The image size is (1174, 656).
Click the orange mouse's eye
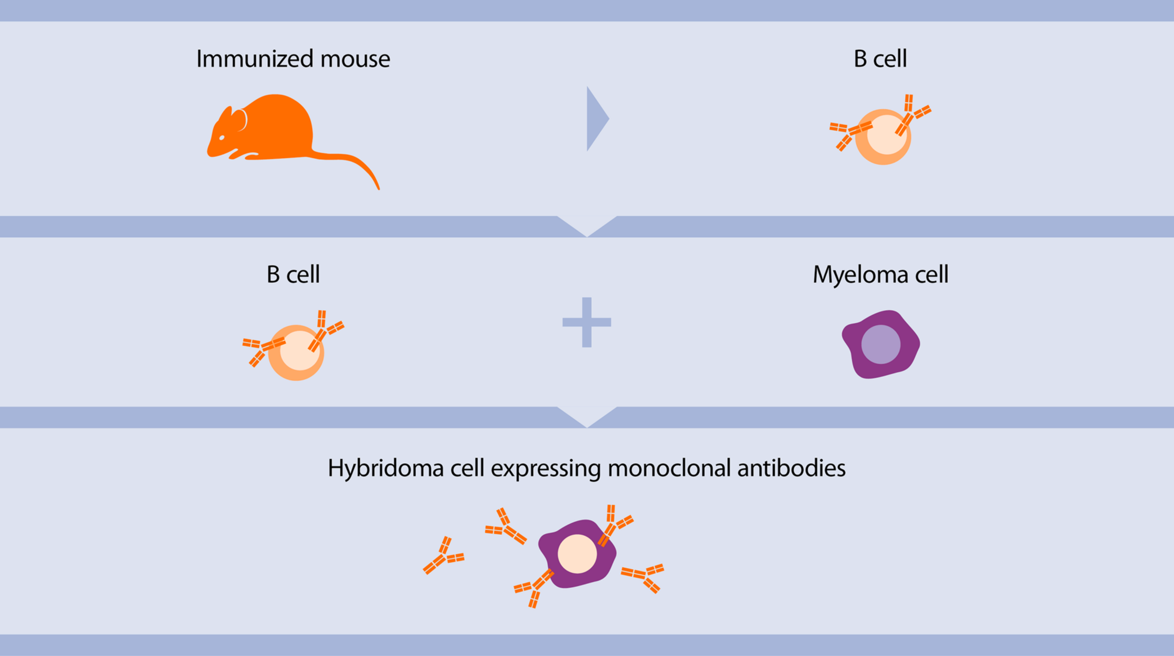pos(222,138)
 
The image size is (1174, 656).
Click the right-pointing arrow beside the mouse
pos(597,119)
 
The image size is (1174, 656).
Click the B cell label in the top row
pos(880,59)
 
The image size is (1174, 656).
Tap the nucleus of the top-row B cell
pos(886,134)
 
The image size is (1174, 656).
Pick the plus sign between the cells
pos(586,322)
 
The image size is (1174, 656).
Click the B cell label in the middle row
pos(293,274)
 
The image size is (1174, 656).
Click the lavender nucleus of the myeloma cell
pos(881,344)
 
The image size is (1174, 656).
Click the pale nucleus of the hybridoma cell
pos(576,554)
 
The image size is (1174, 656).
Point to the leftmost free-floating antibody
pos(443,557)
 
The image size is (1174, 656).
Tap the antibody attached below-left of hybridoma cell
pos(536,587)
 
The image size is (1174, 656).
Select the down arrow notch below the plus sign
pos(586,418)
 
